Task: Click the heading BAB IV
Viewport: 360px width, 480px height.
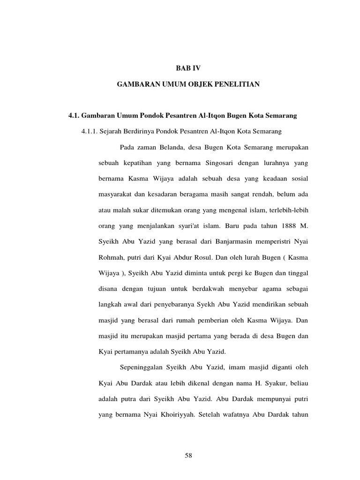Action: click(188, 68)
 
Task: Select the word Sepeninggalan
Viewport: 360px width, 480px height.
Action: click(142, 367)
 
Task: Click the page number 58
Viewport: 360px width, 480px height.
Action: click(188, 455)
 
